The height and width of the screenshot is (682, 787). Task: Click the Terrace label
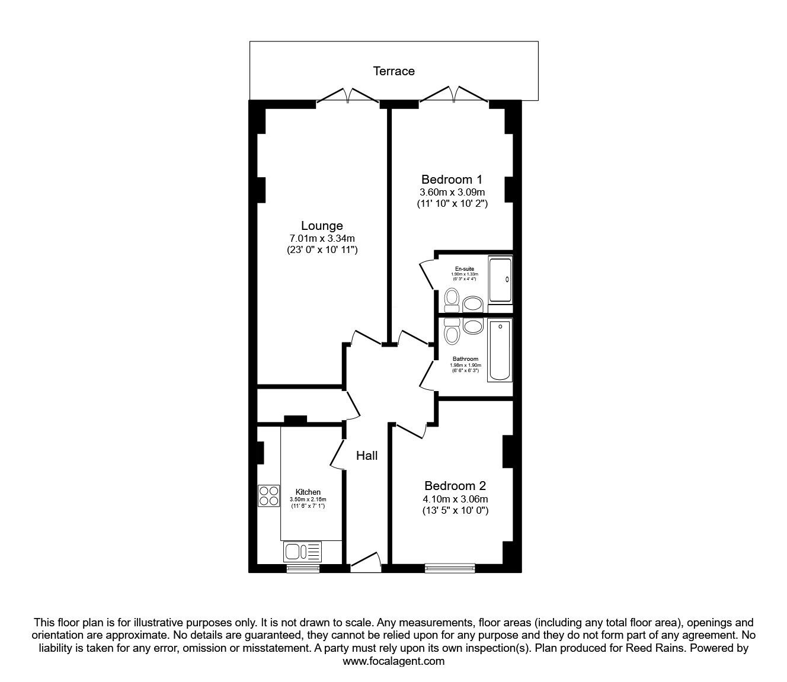pyautogui.click(x=393, y=71)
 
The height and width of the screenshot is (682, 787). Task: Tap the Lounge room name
pyautogui.click(x=322, y=226)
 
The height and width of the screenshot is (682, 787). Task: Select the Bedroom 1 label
pyautogui.click(x=452, y=179)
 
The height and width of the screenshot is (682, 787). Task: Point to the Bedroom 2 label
pyautogui.click(x=455, y=486)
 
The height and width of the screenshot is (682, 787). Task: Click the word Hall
pyautogui.click(x=367, y=456)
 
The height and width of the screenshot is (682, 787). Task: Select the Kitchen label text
pyautogui.click(x=308, y=492)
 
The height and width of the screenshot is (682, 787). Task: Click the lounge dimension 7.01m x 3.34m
pyautogui.click(x=322, y=238)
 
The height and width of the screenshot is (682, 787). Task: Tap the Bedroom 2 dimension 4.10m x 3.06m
pyautogui.click(x=455, y=498)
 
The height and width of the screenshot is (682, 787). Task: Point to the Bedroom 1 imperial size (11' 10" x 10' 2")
pyautogui.click(x=452, y=204)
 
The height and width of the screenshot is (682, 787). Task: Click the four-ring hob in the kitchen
pyautogui.click(x=268, y=495)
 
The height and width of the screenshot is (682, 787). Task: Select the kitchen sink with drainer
pyautogui.click(x=302, y=552)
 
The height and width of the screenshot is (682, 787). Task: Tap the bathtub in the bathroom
pyautogui.click(x=500, y=350)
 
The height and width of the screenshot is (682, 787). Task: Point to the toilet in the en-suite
pyautogui.click(x=452, y=299)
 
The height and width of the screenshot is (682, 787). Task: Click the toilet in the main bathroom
pyautogui.click(x=452, y=332)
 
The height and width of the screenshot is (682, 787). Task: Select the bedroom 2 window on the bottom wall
pyautogui.click(x=450, y=568)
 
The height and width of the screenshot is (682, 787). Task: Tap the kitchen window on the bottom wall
pyautogui.click(x=303, y=568)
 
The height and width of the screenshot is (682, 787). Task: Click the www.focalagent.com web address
pyautogui.click(x=393, y=661)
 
